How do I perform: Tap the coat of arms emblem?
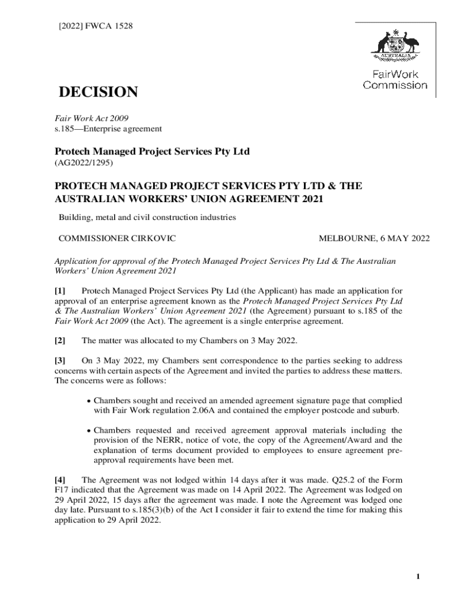click(x=395, y=47)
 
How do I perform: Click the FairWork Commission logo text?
click(x=395, y=80)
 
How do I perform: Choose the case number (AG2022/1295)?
click(x=84, y=162)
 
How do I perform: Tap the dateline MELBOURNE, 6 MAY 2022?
click(x=375, y=239)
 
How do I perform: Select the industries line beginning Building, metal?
click(x=147, y=218)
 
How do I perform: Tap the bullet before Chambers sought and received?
click(x=88, y=401)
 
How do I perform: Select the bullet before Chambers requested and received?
click(x=88, y=431)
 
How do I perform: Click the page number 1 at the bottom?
click(x=418, y=577)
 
